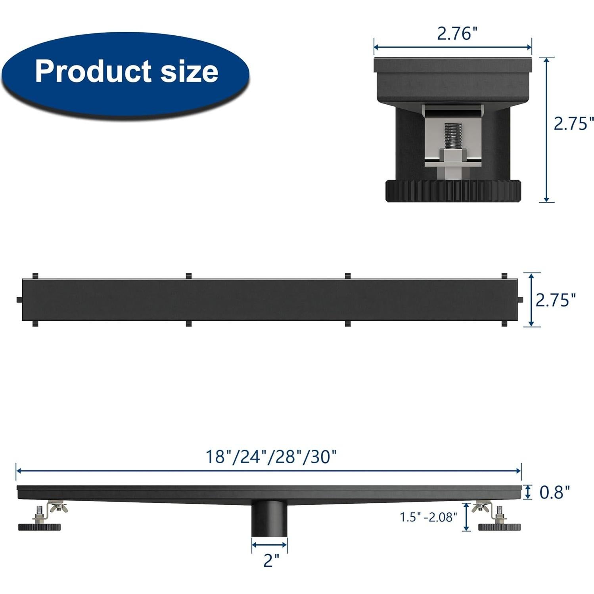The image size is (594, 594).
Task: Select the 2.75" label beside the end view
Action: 574,124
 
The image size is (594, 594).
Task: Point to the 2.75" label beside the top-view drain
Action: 556,300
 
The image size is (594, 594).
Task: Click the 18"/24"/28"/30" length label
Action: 271,457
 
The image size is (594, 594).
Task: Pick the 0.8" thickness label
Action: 554,492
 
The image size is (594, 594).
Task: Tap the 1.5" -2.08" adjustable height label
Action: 428,517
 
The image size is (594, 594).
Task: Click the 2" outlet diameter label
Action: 271,561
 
